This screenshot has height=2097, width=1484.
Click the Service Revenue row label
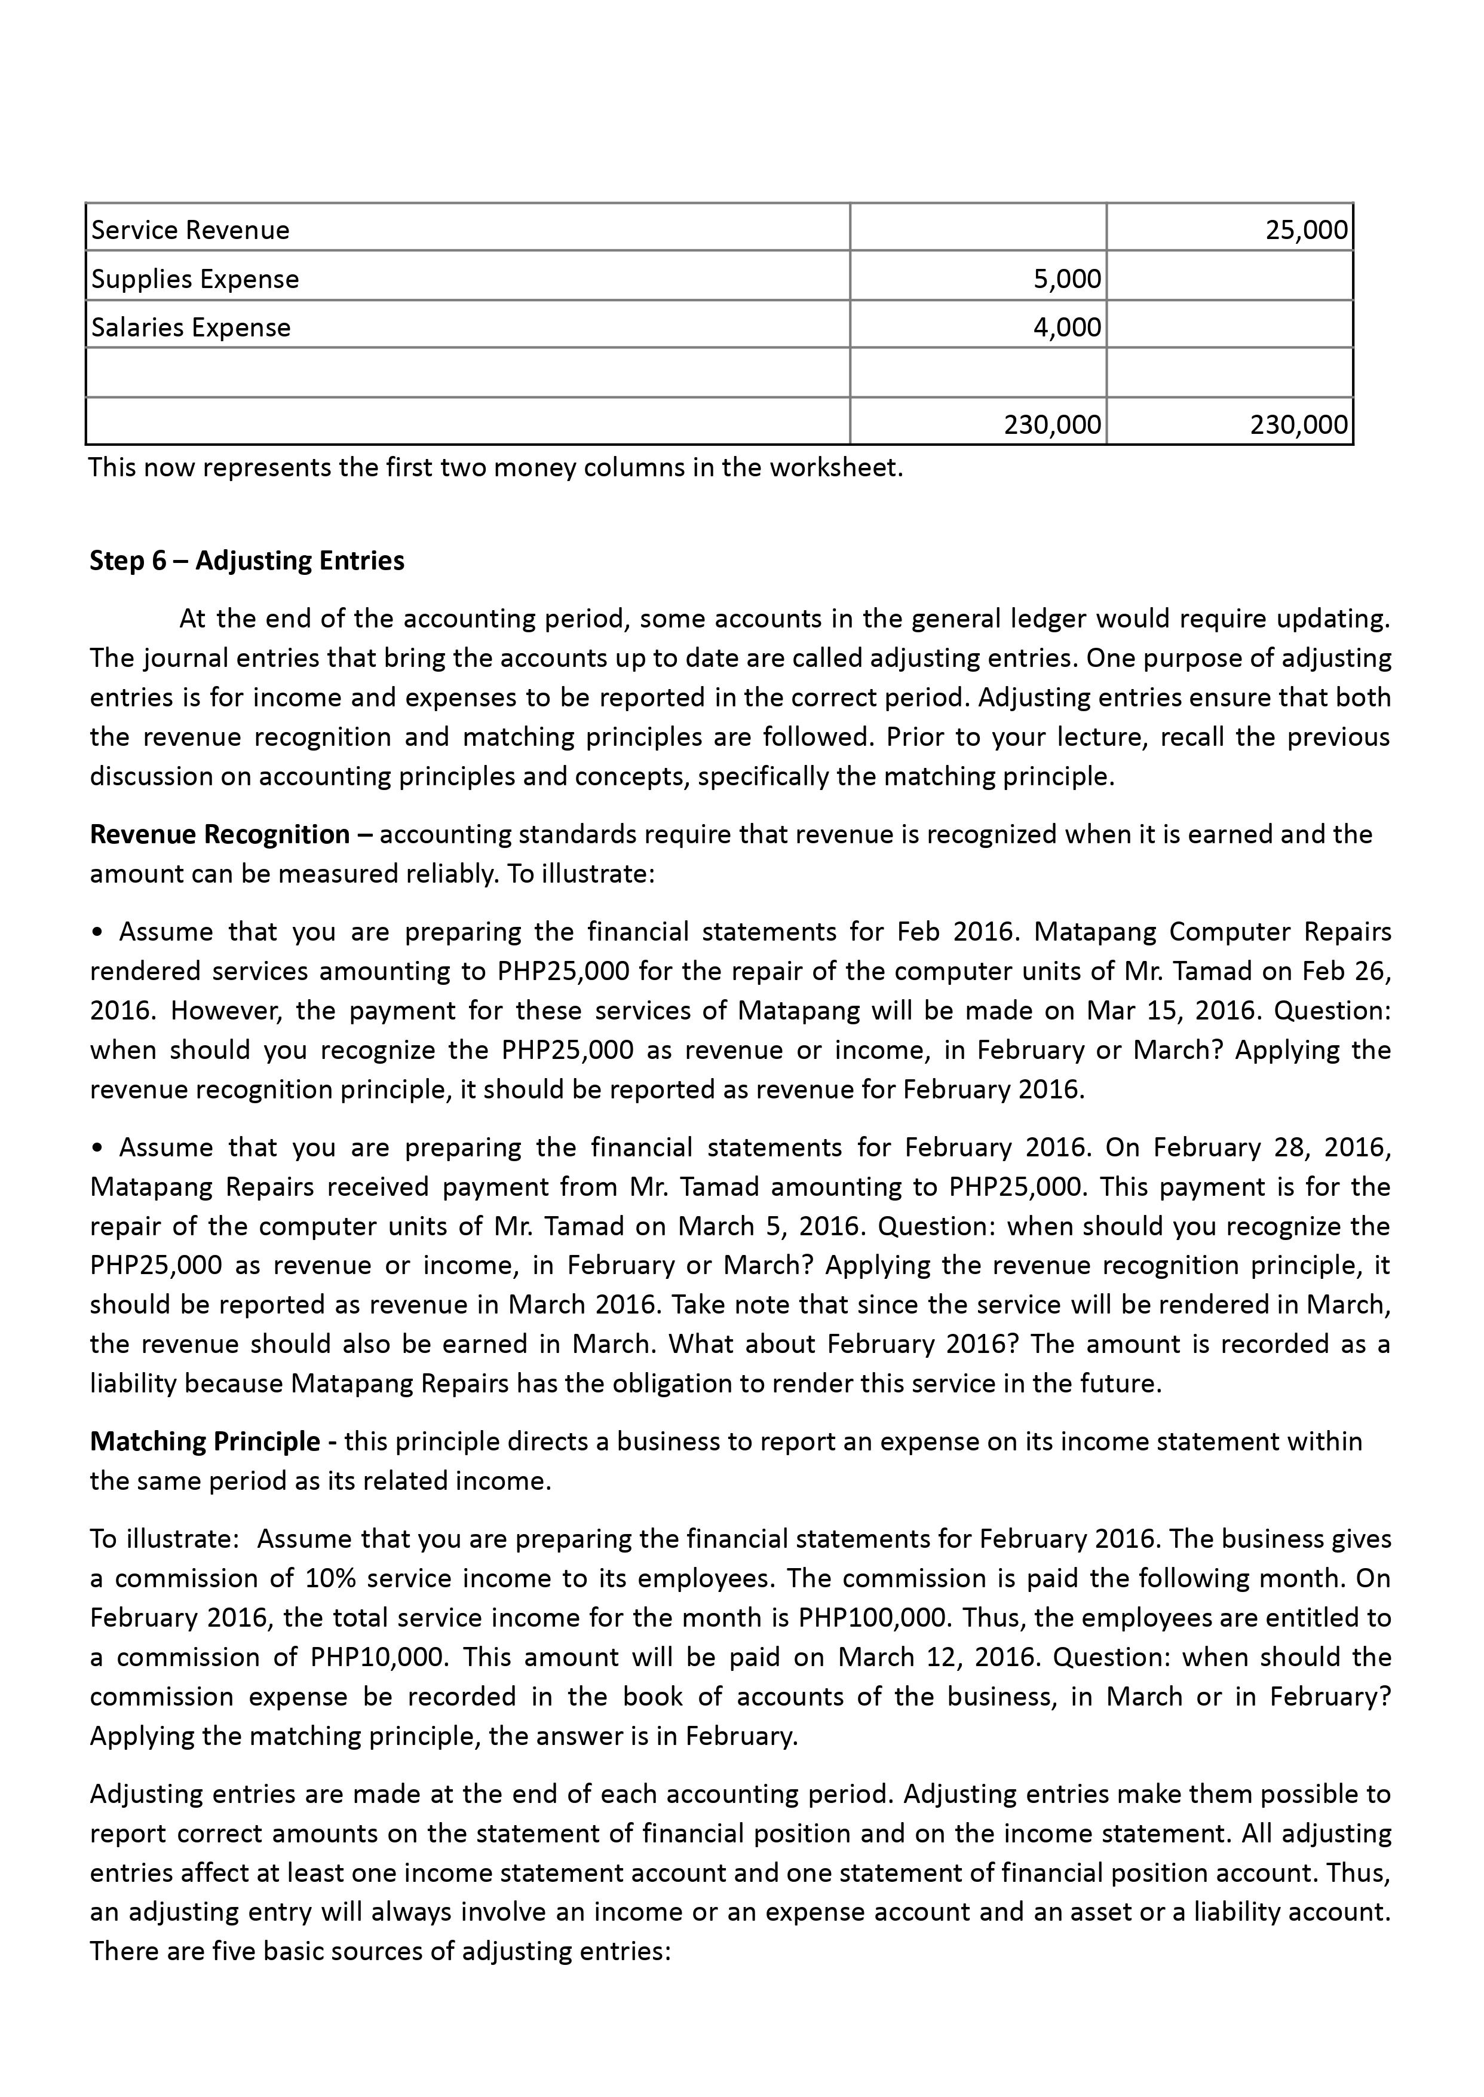click(190, 230)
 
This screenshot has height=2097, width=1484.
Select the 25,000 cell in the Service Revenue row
click(1307, 230)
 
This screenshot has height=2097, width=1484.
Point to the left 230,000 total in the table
click(1052, 424)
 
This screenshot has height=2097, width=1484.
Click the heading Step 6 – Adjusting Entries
click(247, 561)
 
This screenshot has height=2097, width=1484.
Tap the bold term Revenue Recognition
click(219, 835)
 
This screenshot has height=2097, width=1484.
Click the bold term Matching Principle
click(205, 1441)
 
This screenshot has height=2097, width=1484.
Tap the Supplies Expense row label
click(195, 279)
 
